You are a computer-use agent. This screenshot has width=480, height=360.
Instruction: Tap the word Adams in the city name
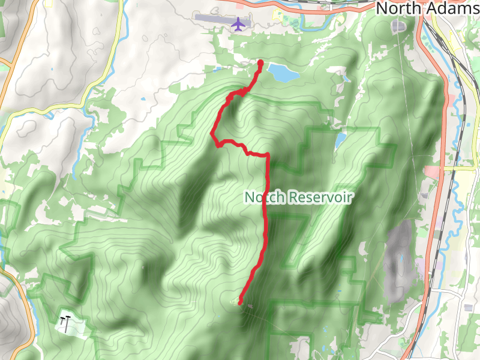455,8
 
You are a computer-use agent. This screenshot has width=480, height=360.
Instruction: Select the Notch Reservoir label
298,197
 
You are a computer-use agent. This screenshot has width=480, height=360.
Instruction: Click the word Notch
265,197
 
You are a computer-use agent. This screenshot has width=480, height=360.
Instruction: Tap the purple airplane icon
239,24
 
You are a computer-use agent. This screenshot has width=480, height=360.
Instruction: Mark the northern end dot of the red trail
260,62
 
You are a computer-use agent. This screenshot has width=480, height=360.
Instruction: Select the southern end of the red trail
241,303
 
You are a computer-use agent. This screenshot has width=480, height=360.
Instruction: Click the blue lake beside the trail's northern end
283,73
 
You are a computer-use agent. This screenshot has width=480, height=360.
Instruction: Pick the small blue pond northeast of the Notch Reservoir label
340,141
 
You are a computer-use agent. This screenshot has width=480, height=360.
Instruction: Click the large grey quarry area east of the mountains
399,258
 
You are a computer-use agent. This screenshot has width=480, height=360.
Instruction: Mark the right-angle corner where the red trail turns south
267,155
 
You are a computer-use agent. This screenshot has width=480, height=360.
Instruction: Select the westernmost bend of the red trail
213,134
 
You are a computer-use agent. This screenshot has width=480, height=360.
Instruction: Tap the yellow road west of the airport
108,66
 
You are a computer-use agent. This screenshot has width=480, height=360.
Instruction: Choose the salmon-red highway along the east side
443,150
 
